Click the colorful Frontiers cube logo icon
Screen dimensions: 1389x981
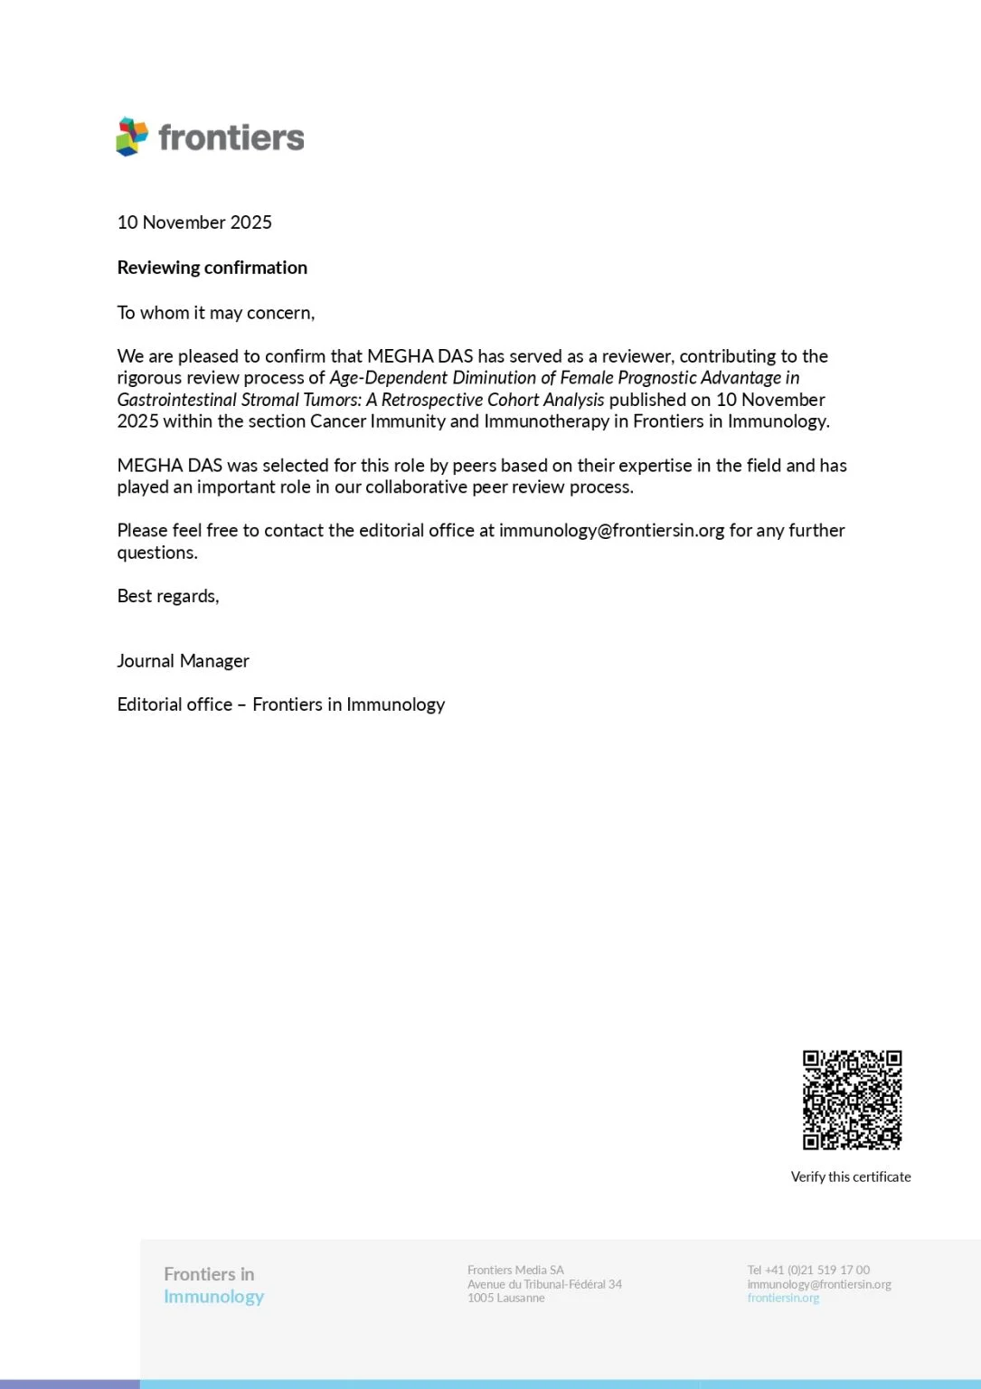coord(132,137)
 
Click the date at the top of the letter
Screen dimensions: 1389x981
coord(194,222)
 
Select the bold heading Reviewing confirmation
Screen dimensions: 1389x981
coord(212,268)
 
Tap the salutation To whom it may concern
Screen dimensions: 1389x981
coord(216,313)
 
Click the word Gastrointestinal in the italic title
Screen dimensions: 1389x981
coord(177,400)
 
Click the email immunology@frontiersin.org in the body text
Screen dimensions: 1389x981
coord(611,531)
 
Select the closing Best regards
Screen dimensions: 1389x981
coord(168,596)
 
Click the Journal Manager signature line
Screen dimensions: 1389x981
coord(183,661)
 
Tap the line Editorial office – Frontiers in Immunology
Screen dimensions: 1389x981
coord(281,704)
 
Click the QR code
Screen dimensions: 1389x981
coord(852,1100)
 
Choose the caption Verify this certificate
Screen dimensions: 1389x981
coord(851,1176)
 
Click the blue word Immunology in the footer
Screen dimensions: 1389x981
coord(214,1297)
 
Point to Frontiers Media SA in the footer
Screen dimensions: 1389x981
coord(515,1271)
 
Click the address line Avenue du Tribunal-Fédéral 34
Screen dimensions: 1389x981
coord(544,1284)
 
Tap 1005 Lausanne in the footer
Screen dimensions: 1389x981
coord(506,1299)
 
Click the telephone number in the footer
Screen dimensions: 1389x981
coord(808,1271)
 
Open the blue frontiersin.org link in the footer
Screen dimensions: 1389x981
coord(783,1299)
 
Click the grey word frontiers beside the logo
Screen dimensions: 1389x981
coord(231,137)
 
